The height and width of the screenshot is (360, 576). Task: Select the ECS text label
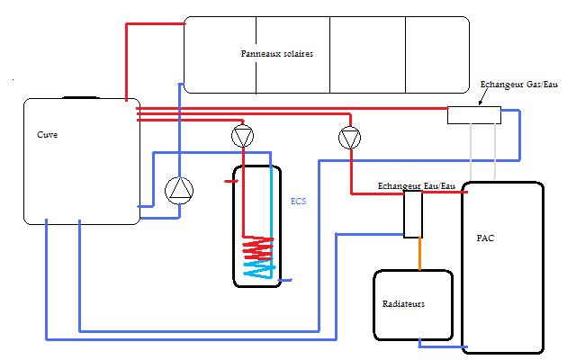coord(298,202)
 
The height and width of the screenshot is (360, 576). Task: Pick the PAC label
coord(486,239)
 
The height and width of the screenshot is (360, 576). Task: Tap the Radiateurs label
coord(403,304)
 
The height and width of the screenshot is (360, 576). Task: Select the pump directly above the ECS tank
coord(242,138)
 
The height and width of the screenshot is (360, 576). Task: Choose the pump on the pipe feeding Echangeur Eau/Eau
coord(349,138)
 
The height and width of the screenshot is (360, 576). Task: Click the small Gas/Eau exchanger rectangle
coord(474,114)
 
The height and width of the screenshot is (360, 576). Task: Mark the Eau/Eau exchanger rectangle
coord(412,214)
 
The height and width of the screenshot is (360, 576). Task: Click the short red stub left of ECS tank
coord(230,181)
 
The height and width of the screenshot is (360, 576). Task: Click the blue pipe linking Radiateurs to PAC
coord(441,344)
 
